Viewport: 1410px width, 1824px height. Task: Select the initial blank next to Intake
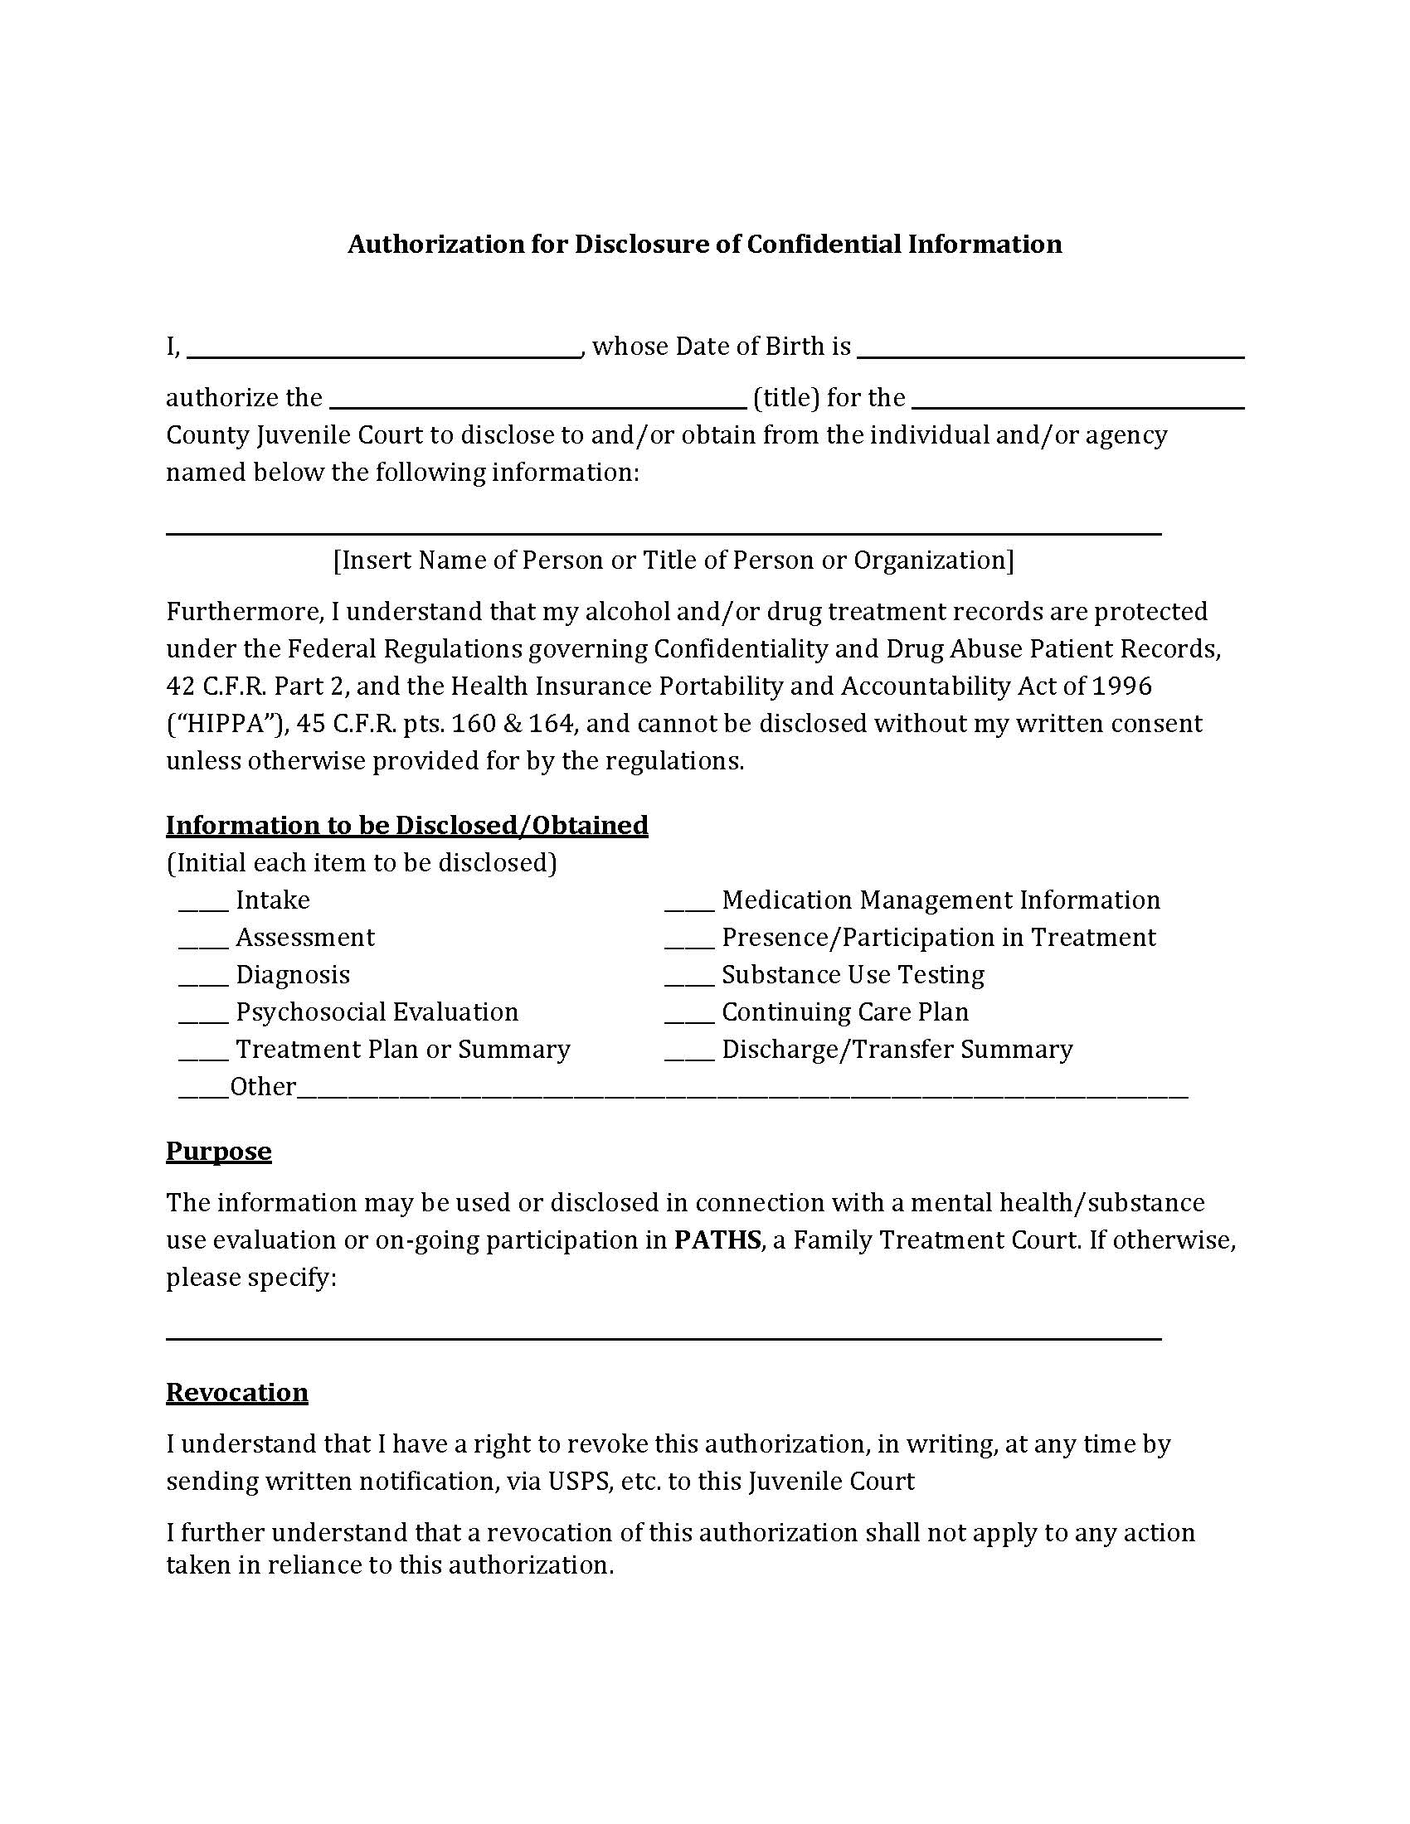203,907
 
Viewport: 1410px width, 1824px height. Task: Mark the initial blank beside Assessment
203,944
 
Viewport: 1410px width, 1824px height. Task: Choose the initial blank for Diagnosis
203,982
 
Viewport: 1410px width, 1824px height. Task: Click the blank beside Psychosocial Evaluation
203,1019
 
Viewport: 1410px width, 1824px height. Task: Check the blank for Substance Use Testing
689,982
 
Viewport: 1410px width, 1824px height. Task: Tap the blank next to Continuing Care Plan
689,1019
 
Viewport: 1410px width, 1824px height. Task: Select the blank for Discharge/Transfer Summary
689,1056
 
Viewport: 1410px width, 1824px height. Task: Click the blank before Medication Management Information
689,907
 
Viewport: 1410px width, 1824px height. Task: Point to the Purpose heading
219,1151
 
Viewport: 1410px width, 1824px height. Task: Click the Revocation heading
237,1392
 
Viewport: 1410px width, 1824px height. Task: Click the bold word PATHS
717,1239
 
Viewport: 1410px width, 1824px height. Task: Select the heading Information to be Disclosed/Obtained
406,825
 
